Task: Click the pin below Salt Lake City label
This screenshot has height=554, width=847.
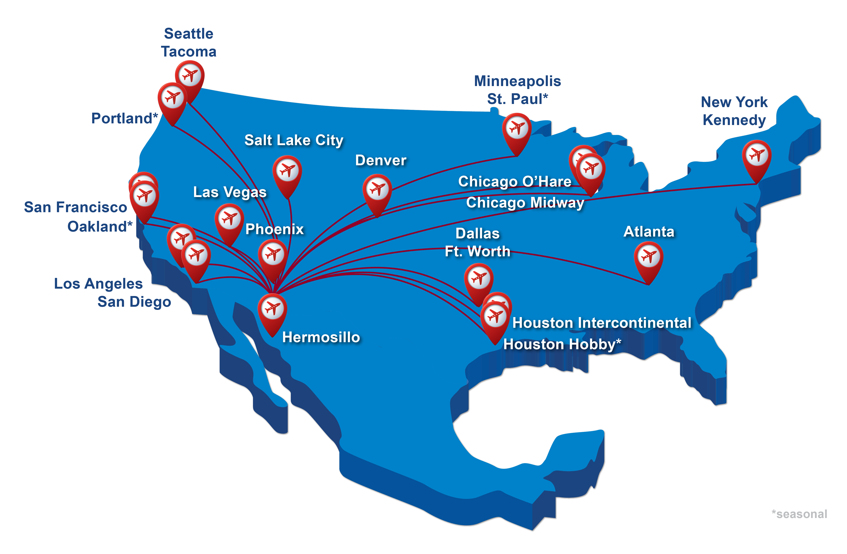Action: pyautogui.click(x=287, y=171)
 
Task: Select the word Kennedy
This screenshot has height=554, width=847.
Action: pyautogui.click(x=734, y=120)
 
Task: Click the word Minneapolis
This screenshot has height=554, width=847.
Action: pyautogui.click(x=517, y=81)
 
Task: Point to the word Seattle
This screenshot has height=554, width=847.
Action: pyautogui.click(x=189, y=34)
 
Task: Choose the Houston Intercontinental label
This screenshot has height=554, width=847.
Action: pyautogui.click(x=601, y=323)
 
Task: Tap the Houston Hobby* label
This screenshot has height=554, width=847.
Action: pyautogui.click(x=562, y=344)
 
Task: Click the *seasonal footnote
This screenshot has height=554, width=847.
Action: pyautogui.click(x=799, y=514)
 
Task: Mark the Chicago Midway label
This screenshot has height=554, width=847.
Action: pyautogui.click(x=525, y=203)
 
